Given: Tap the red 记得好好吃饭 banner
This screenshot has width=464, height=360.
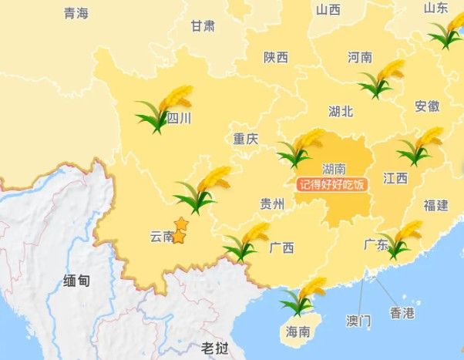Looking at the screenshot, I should coord(330,184).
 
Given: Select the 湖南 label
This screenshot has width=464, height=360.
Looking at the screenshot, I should coord(333,169).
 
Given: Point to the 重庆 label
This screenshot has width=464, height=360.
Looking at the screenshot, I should coord(246,139).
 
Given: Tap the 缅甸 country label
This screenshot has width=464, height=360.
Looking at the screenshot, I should coord(76,281).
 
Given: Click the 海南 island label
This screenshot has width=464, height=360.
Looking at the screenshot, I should coord(298,332).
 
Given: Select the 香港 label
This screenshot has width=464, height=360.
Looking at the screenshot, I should coord(402,313).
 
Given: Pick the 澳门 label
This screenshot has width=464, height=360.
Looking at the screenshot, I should coord(358,318).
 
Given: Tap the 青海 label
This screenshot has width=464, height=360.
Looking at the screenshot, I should coord(76,13).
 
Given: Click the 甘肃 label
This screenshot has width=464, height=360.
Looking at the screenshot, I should coord(203,25).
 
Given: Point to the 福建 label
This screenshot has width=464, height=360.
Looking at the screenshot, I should coord(435,205).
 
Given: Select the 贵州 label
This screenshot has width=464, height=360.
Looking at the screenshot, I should coord(272,204).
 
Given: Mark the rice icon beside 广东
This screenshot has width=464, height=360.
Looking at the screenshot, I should coord(403,239).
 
